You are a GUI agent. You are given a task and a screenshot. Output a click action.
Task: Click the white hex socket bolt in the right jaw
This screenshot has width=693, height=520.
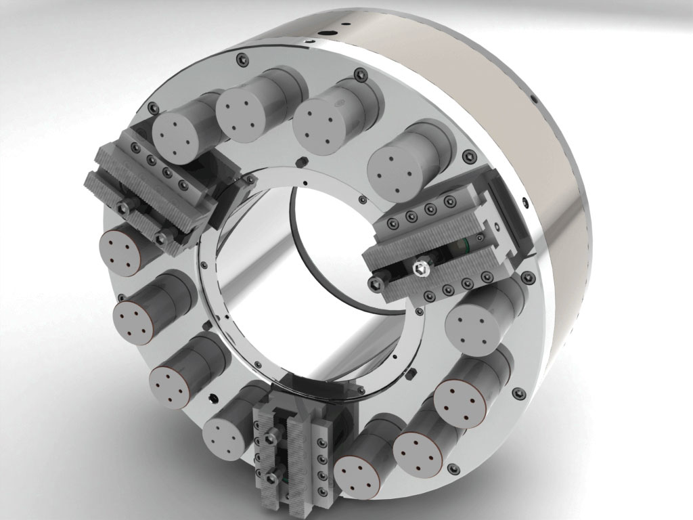[420, 269]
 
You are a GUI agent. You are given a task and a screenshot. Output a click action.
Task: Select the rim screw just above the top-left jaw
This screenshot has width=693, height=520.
[153, 108]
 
